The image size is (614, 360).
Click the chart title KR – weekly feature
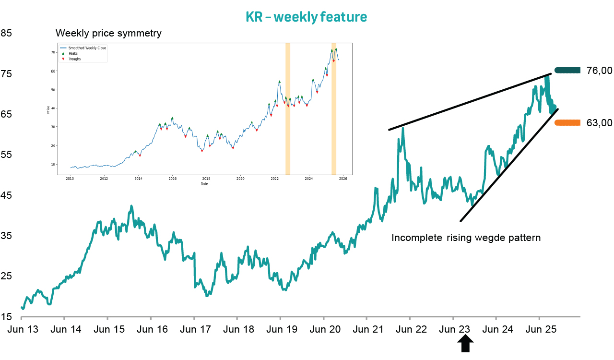click(307, 17)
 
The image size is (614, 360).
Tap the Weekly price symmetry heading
click(108, 33)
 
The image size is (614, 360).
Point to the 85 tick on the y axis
click(7, 33)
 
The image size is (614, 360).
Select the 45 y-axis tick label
click(7, 195)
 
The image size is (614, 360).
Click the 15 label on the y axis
click(7, 317)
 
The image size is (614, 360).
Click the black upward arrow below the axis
click(465, 344)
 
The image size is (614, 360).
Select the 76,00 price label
click(599, 71)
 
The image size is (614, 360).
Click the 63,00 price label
click(599, 123)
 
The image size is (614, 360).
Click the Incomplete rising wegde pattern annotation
click(466, 238)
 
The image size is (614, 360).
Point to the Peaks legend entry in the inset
click(73, 53)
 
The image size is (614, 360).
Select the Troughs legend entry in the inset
click(74, 59)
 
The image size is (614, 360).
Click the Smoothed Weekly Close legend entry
click(87, 48)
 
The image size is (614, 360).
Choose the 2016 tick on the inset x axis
click(172, 179)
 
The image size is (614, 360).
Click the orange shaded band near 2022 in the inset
click(288, 108)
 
